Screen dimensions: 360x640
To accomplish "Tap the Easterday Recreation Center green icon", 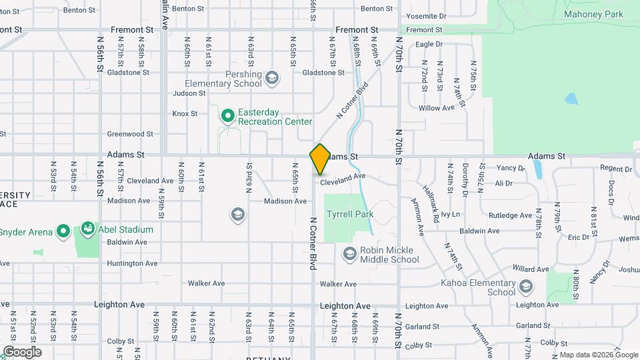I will pos(227,117).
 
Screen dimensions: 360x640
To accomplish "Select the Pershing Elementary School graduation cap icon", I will pos(271,79).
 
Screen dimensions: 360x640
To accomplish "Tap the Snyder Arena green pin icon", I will pos(63,231).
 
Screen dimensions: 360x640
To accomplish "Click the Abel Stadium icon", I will pos(87,229).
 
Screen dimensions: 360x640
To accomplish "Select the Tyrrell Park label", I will pos(349,215).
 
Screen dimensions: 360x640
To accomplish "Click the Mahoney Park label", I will pos(593,14).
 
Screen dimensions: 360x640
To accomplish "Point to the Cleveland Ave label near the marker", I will pos(343,177).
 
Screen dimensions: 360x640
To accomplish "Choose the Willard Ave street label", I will pos(531,269).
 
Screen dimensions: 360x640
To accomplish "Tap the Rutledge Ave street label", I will pos(510,215).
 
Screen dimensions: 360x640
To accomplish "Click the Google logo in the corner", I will pos(22,351).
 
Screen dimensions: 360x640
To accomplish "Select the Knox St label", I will pos(185,114).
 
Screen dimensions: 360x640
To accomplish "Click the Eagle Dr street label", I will pos(429,45).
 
